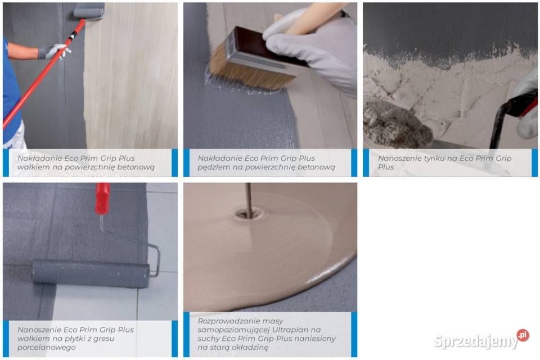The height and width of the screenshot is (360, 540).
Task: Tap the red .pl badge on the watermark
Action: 523,335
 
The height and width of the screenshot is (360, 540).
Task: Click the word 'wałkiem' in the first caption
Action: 30,168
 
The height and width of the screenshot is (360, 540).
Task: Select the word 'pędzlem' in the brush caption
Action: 210,168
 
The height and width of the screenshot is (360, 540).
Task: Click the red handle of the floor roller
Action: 102,199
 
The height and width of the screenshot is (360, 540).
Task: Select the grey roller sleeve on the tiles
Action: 91,273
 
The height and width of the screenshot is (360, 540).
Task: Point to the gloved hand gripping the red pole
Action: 55,51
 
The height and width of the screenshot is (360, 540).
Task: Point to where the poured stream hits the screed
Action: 249,215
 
